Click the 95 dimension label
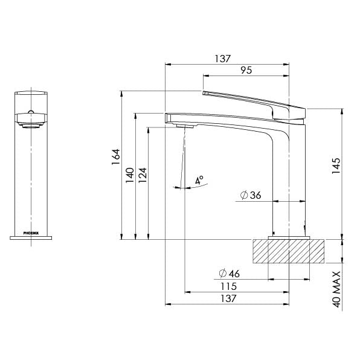pyautogui.click(x=246, y=71)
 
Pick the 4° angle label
pyautogui.click(x=199, y=180)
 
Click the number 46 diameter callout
pyautogui.click(x=234, y=274)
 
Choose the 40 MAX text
pyautogui.click(x=337, y=291)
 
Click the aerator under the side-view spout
pyautogui.click(x=185, y=125)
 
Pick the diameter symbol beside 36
pyautogui.click(x=243, y=195)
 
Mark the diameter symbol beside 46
pyautogui.click(x=222, y=274)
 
